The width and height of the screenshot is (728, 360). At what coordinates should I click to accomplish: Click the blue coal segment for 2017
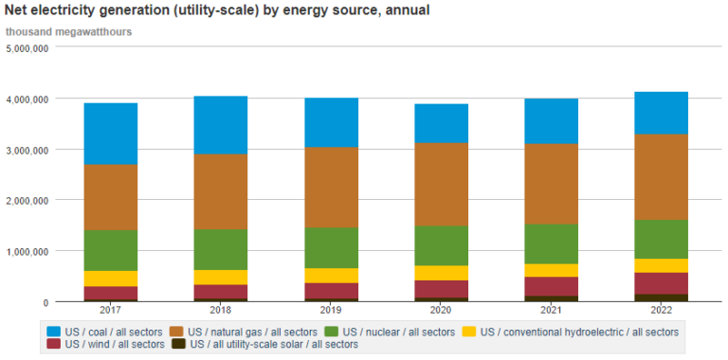point(111,134)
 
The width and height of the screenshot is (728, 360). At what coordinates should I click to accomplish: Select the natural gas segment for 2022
point(661,176)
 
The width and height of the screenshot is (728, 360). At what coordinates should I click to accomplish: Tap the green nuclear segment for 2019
point(331,247)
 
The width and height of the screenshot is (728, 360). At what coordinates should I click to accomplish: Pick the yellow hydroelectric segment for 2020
point(441,273)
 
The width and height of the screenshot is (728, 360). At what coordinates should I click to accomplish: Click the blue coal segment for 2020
point(441,123)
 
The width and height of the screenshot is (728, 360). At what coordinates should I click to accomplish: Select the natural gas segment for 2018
point(221,191)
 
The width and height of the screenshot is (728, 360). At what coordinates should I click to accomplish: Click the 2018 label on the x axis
point(221,310)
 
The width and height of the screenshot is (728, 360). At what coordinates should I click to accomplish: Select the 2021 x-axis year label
point(551,310)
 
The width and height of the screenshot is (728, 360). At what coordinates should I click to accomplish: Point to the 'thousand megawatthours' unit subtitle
point(68,31)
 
